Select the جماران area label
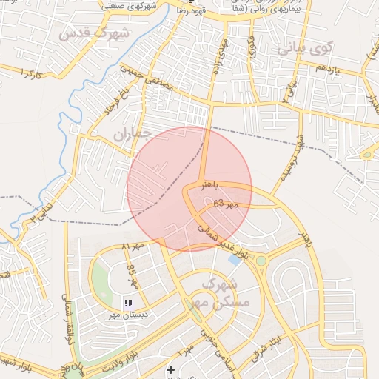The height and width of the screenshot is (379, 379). (x=133, y=133)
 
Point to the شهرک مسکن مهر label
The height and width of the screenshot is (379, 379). (x=226, y=293)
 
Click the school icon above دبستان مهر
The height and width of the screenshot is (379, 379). (x=128, y=303)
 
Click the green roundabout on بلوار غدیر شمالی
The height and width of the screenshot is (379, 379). (x=261, y=260)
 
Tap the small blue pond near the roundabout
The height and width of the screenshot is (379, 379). (x=235, y=260)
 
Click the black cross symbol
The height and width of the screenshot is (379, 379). (x=171, y=369)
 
